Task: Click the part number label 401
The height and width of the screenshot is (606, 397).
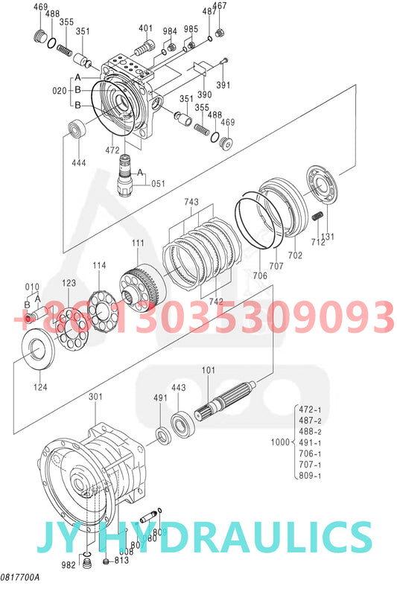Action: pyautogui.click(x=145, y=28)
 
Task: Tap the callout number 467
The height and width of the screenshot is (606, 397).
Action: pyautogui.click(x=220, y=6)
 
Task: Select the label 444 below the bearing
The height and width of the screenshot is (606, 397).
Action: pyautogui.click(x=78, y=163)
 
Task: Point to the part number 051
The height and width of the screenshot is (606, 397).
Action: pyautogui.click(x=159, y=183)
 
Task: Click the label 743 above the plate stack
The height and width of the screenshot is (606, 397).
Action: pyautogui.click(x=191, y=202)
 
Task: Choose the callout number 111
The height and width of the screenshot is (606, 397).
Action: pyautogui.click(x=139, y=243)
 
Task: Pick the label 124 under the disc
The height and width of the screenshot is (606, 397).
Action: pyautogui.click(x=39, y=386)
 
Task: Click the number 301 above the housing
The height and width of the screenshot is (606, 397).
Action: pyautogui.click(x=95, y=397)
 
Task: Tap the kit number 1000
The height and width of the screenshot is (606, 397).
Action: pyautogui.click(x=280, y=442)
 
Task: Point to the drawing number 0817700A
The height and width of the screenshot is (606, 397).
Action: pyautogui.click(x=20, y=578)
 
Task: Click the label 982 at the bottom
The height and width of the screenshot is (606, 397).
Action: pyautogui.click(x=69, y=565)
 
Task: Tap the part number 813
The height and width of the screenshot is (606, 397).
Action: pyautogui.click(x=121, y=561)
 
